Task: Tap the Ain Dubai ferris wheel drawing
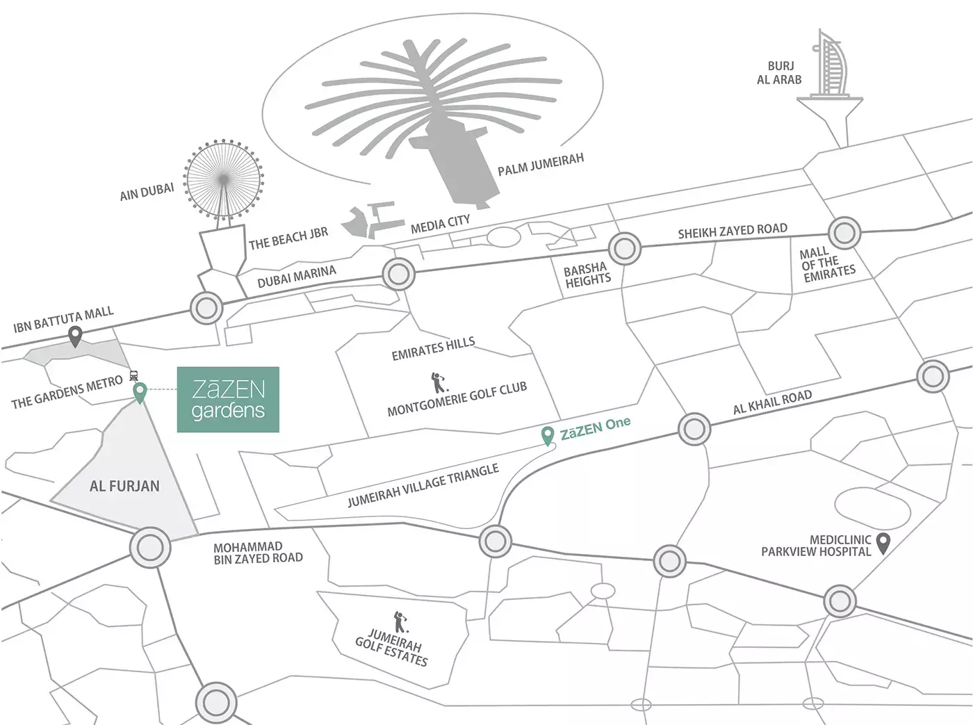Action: click(224, 180)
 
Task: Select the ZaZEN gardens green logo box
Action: click(228, 400)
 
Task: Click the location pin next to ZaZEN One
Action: click(548, 436)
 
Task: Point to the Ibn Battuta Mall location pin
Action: click(75, 338)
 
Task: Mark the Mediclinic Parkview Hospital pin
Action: click(883, 543)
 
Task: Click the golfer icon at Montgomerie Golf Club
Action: click(438, 382)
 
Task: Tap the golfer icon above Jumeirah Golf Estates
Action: click(399, 621)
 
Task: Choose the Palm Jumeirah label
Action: click(540, 164)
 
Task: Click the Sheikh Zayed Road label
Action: click(733, 231)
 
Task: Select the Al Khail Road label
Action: click(772, 402)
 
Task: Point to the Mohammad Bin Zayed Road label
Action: click(258, 553)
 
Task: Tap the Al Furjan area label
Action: click(124, 486)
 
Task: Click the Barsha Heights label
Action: click(587, 275)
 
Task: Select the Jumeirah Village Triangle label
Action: click(423, 485)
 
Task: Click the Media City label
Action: click(440, 224)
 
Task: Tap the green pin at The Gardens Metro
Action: click(140, 393)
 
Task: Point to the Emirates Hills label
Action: click(433, 349)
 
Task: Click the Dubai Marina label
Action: click(296, 277)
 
